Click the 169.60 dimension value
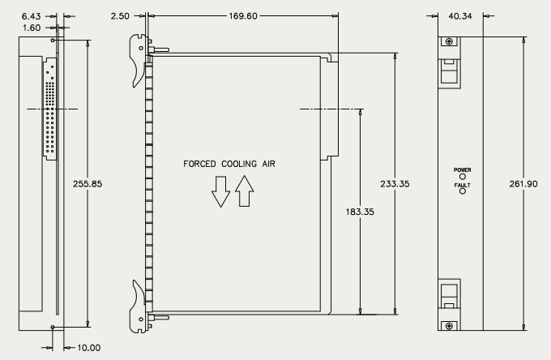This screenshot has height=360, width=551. [243, 16]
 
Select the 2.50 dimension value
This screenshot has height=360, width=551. [120, 16]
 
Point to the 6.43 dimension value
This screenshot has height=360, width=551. [32, 16]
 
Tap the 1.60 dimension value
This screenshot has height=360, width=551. [32, 28]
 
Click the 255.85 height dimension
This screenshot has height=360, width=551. [88, 184]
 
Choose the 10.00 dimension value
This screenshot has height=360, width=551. [89, 348]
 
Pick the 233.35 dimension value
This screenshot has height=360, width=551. [395, 184]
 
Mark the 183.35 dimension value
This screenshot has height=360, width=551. [360, 212]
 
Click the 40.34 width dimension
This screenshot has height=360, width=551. [460, 16]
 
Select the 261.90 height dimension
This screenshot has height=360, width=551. [523, 184]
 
